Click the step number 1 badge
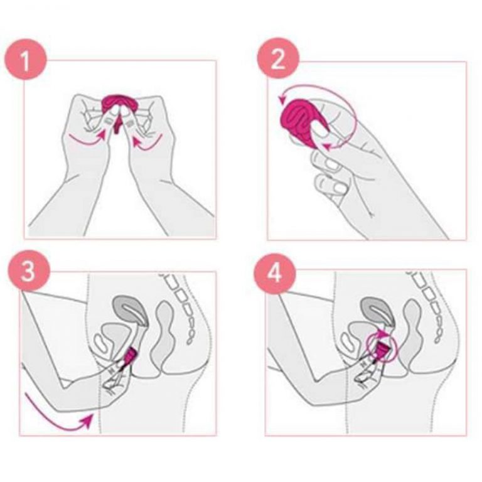point(26,60)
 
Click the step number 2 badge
point(278,58)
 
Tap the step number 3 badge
point(29,270)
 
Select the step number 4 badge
point(274,271)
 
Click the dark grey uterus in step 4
point(377,311)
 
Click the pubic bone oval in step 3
point(100,342)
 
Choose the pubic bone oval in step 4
point(346,342)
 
